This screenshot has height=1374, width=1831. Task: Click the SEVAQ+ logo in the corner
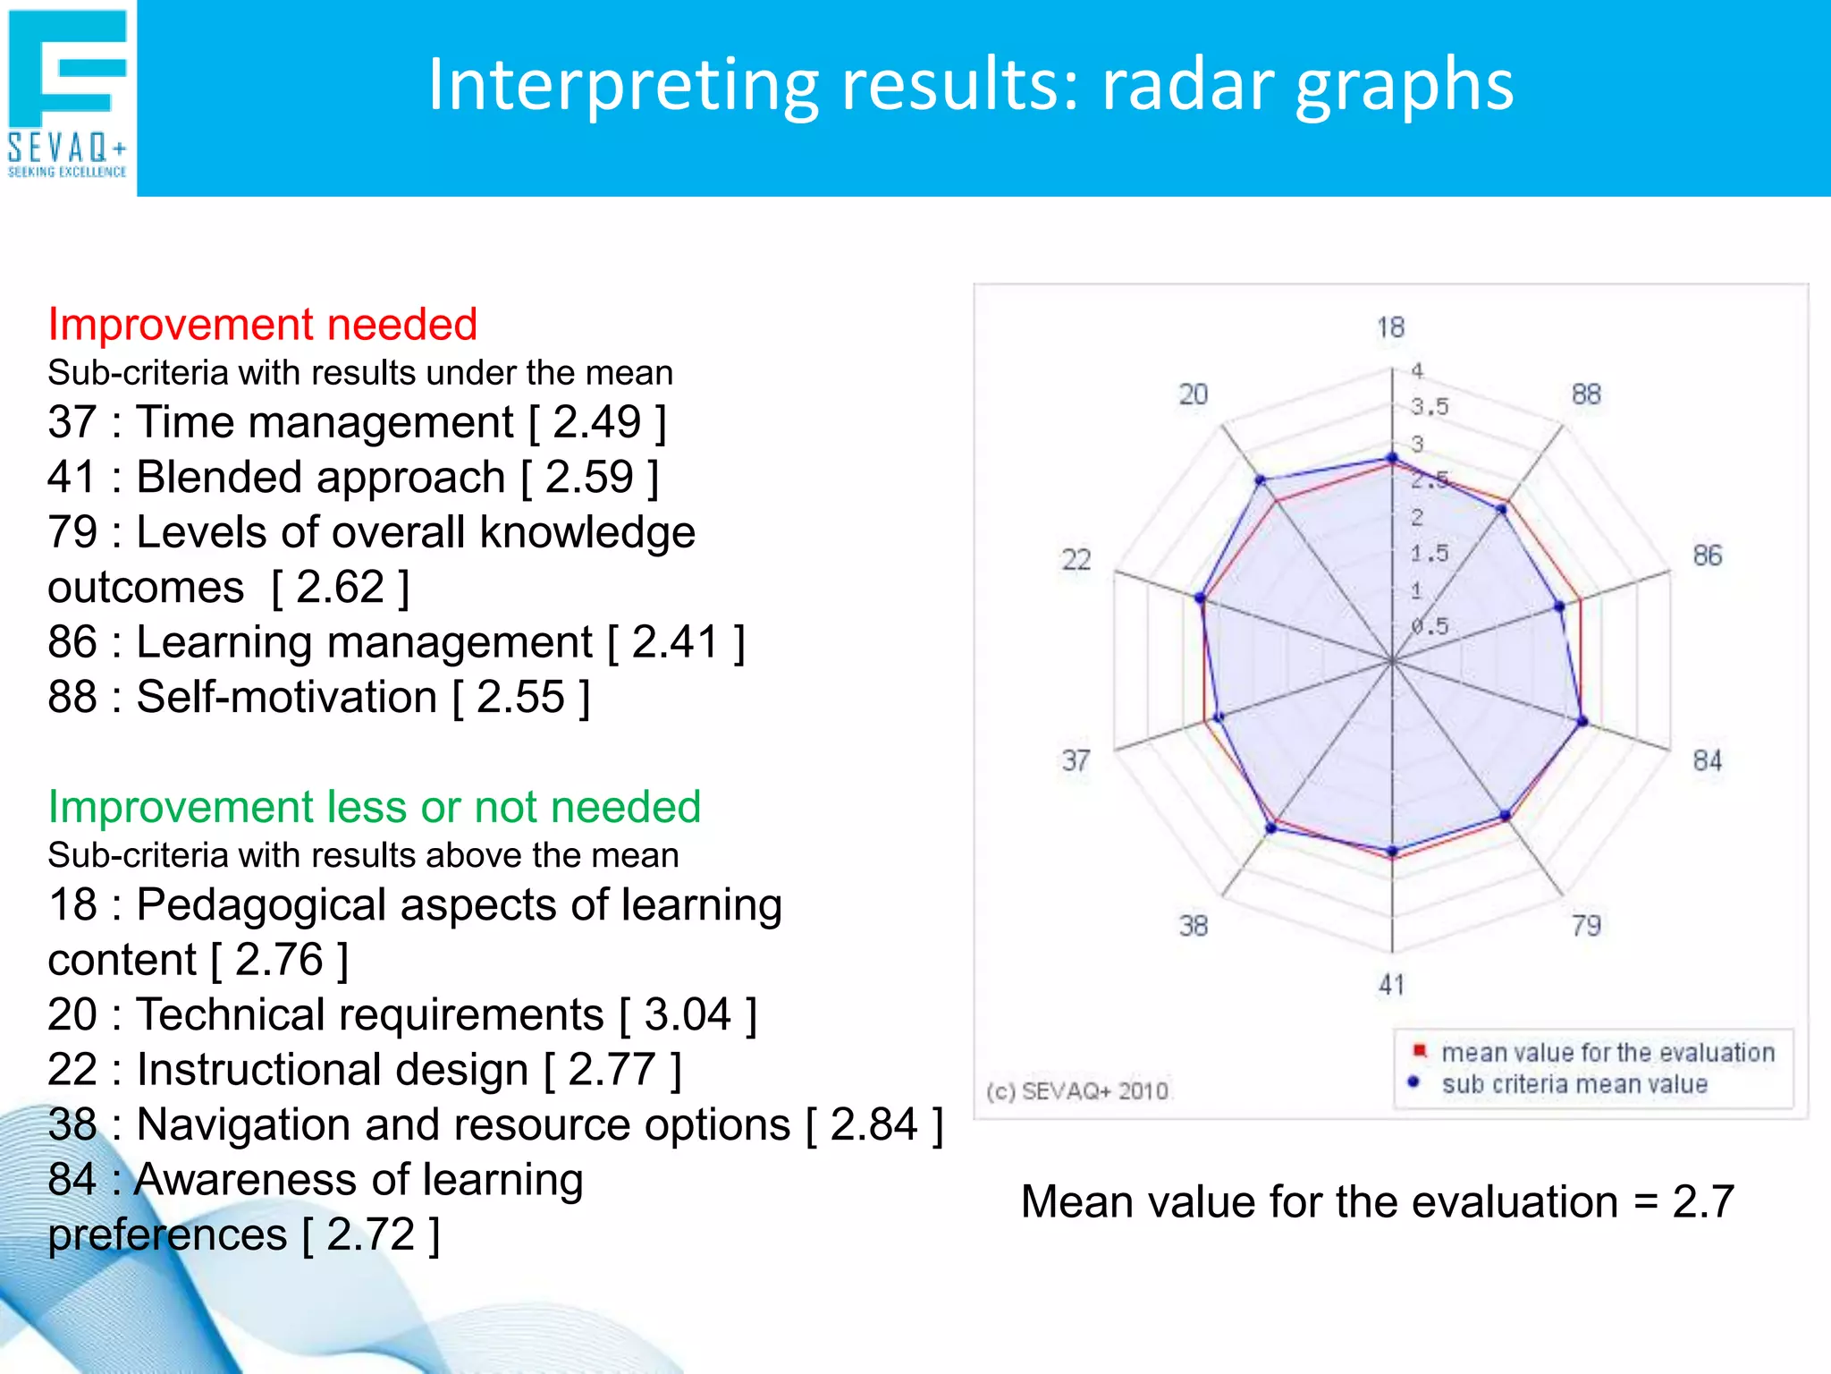coord(68,94)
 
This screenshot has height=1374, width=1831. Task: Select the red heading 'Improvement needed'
coord(262,324)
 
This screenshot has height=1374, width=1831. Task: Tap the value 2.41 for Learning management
coord(676,642)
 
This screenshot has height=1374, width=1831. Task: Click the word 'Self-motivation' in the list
coord(286,697)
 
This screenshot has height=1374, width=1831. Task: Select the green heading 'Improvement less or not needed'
coord(374,807)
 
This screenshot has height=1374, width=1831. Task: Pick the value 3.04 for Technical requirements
coord(688,1014)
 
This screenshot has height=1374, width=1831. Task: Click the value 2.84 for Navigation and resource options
coord(873,1124)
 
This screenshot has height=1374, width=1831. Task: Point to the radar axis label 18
coord(1390,327)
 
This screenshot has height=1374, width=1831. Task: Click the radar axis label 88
coord(1586,394)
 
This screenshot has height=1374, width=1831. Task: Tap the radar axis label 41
coord(1391,985)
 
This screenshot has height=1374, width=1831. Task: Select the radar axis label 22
coord(1076,560)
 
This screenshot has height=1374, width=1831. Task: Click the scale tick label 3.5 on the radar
coord(1429,407)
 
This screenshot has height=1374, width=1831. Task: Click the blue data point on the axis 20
coord(1261,480)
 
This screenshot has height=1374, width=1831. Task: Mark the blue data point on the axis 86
coord(1560,606)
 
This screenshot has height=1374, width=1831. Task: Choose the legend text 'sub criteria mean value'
coord(1574,1084)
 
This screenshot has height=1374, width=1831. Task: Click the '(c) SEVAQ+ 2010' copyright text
coord(1077,1091)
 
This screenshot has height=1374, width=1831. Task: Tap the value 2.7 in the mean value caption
coord(1702,1201)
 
